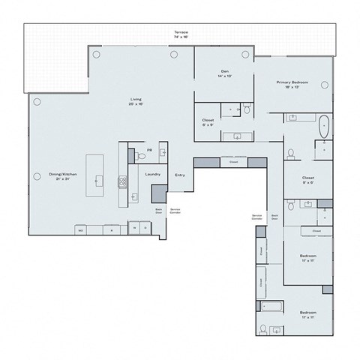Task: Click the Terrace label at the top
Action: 181,34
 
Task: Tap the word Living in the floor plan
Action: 136,99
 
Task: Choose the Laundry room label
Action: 154,175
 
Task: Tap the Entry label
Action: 180,175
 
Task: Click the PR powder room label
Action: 149,150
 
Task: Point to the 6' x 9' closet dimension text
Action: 208,124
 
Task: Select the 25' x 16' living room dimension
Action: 136,105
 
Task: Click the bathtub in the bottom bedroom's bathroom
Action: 272,304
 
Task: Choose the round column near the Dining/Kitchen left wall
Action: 35,100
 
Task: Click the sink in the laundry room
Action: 135,196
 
